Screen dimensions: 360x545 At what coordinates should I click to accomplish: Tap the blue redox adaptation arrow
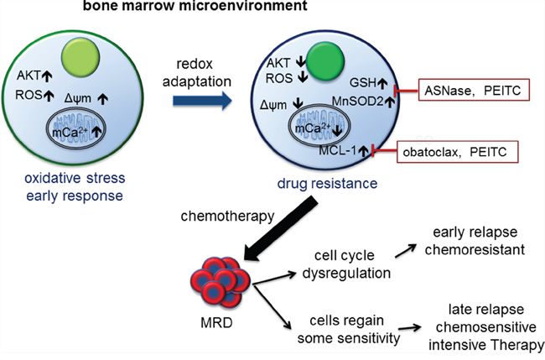click(194, 102)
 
